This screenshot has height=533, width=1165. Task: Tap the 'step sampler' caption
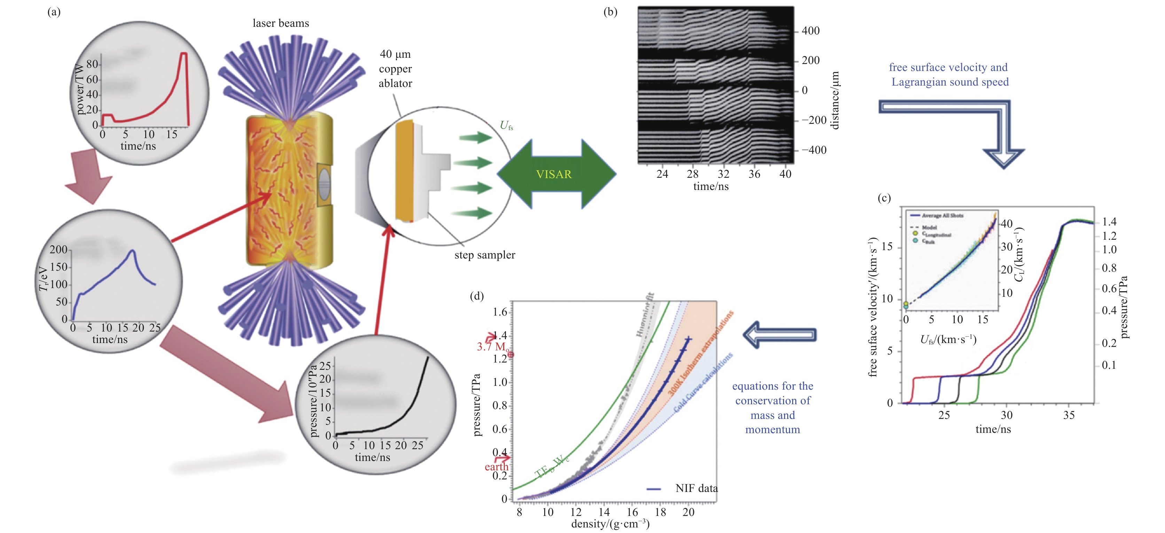pyautogui.click(x=484, y=255)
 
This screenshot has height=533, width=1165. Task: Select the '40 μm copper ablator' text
pyautogui.click(x=395, y=69)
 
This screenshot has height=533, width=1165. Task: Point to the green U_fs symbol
pyautogui.click(x=506, y=126)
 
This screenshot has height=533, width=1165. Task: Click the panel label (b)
pyautogui.click(x=610, y=12)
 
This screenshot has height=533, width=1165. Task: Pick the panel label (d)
pyautogui.click(x=477, y=296)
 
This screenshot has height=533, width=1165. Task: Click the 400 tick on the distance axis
pyautogui.click(x=811, y=31)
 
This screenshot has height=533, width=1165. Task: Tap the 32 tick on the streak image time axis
pyautogui.click(x=723, y=174)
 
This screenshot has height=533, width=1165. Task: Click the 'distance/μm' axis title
pyautogui.click(x=835, y=100)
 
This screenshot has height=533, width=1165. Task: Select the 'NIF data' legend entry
pyautogui.click(x=696, y=488)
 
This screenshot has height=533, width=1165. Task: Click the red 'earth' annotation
pyautogui.click(x=496, y=467)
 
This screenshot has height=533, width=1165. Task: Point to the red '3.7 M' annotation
pyautogui.click(x=493, y=347)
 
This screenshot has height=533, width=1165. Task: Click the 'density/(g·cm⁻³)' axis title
pyautogui.click(x=610, y=524)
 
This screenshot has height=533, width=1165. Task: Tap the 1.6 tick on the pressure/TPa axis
pyautogui.click(x=500, y=312)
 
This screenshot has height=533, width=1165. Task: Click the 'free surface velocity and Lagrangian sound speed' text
pyautogui.click(x=949, y=74)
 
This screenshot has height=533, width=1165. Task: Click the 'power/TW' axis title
pyautogui.click(x=80, y=89)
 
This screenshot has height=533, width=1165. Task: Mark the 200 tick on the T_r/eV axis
pyautogui.click(x=58, y=249)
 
